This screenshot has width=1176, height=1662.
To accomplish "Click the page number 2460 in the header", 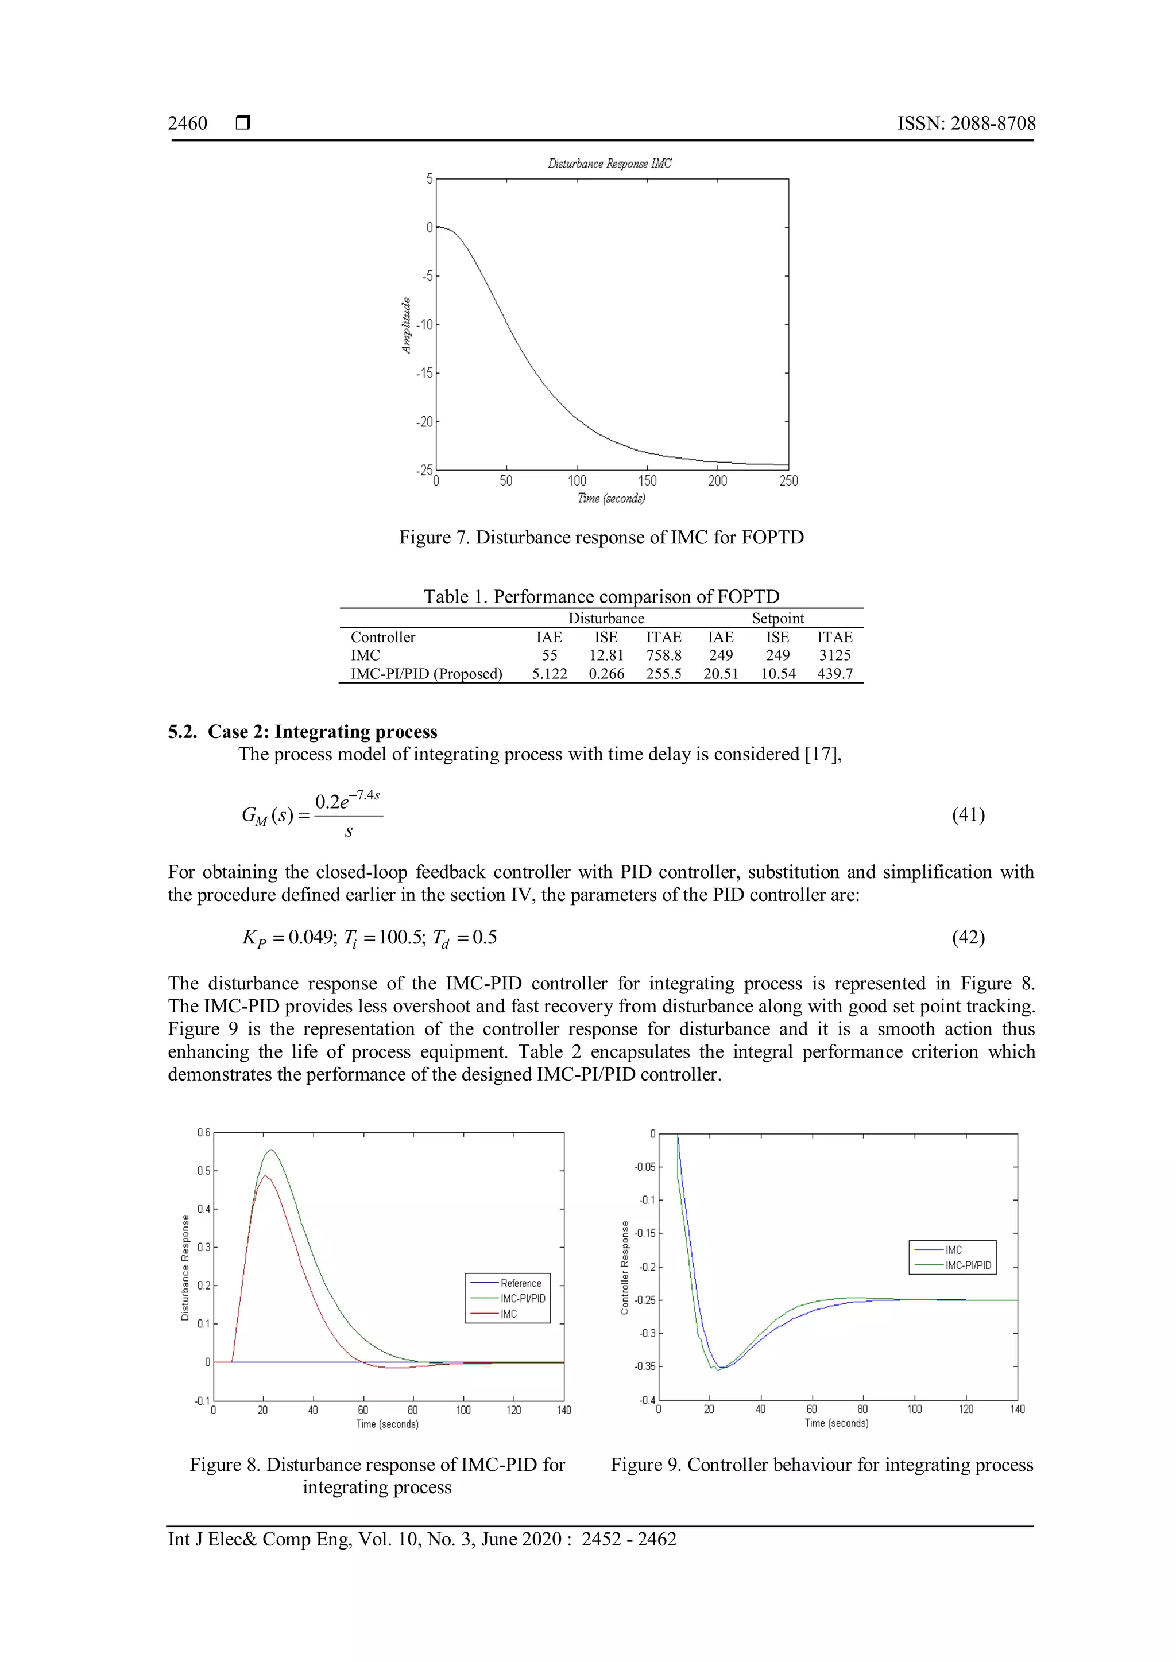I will pyautogui.click(x=188, y=124).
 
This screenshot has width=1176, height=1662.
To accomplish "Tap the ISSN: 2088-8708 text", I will pyautogui.click(x=966, y=124).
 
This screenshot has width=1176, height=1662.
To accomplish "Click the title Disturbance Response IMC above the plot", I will pyautogui.click(x=609, y=164).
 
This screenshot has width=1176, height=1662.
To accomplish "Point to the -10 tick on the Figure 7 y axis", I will pyautogui.click(x=424, y=324).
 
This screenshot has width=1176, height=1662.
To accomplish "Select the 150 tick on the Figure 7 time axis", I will pyautogui.click(x=647, y=481).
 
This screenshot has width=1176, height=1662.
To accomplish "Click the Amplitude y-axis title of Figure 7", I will pyautogui.click(x=406, y=326).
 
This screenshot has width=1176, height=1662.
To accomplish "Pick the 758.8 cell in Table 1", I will pyautogui.click(x=663, y=655).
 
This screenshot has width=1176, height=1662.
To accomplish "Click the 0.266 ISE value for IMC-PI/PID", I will pyautogui.click(x=606, y=673).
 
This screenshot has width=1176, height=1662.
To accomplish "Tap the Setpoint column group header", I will pyautogui.click(x=777, y=618).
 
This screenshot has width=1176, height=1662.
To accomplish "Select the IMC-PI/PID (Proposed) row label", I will pyautogui.click(x=426, y=673).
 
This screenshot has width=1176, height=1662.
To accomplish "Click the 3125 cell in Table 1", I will pyautogui.click(x=834, y=655).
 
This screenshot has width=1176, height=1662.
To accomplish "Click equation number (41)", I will pyautogui.click(x=968, y=815).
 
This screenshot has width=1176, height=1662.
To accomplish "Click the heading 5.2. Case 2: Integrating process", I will pyautogui.click(x=303, y=732).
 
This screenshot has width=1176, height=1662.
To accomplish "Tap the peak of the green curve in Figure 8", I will pyautogui.click(x=272, y=1150).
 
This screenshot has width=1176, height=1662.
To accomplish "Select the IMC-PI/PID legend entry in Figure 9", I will pyautogui.click(x=968, y=1265).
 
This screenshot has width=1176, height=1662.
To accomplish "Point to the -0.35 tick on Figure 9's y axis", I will pyautogui.click(x=644, y=1366).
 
